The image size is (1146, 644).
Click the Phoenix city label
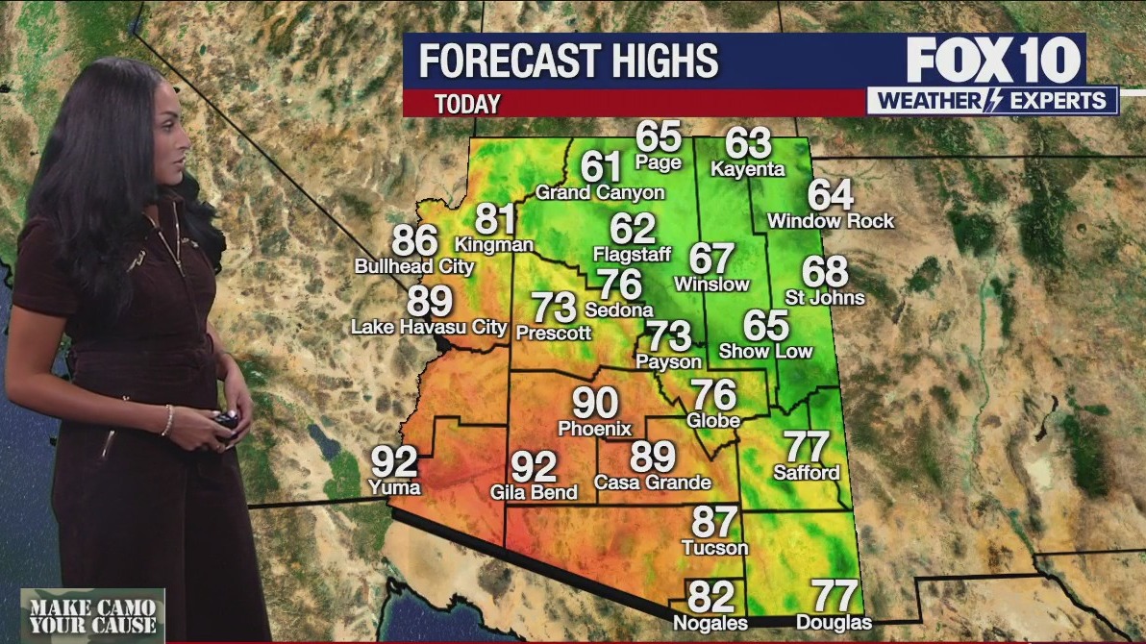(x=595, y=429)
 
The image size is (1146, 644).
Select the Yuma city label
(x=394, y=487)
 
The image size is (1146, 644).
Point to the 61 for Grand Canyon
(x=601, y=167)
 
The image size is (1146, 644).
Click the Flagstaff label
(x=632, y=255)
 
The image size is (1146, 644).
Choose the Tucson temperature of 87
(x=714, y=522)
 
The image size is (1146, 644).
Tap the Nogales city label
(x=710, y=623)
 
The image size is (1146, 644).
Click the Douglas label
(x=834, y=623)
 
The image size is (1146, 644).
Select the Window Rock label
(x=831, y=221)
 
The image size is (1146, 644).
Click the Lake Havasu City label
(x=429, y=327)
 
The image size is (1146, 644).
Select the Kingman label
(x=494, y=244)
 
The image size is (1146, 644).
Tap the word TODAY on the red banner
(x=467, y=104)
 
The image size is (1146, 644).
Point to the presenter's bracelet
(x=167, y=420)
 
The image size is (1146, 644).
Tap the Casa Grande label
(x=653, y=482)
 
